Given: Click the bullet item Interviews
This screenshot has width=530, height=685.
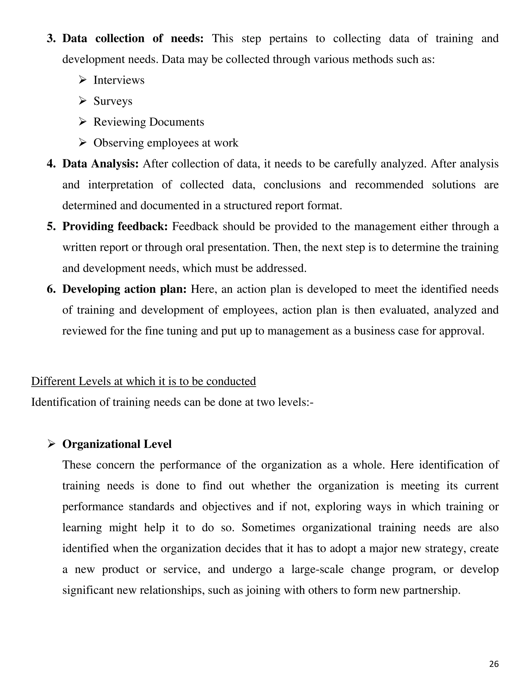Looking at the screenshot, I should coord(119,80).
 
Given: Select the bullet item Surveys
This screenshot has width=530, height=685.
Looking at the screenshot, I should coord(113,101).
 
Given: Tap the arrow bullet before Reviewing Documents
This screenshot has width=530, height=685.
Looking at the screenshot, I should coord(83,122).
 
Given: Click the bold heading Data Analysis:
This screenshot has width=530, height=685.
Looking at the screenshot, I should coord(100,164).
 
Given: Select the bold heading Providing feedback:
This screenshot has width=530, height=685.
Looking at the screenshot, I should coord(115,226).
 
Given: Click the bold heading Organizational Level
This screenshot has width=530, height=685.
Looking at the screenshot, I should coord(117,444).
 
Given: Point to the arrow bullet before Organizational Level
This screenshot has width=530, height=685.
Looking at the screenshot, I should coord(51,444).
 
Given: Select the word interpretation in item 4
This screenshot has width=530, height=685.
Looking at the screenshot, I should coord(121,185).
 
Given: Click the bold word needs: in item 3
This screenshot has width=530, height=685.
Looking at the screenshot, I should coord(187,39).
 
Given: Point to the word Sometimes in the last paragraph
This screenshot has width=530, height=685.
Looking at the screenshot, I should coord(268,528).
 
